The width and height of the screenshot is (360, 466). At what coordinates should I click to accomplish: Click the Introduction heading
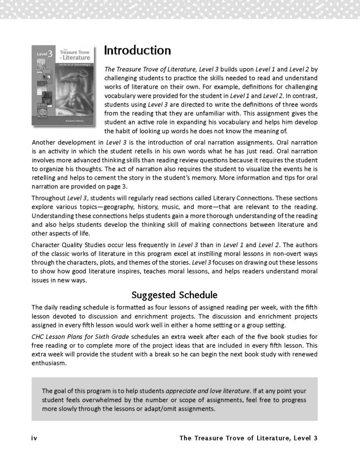pos(137,51)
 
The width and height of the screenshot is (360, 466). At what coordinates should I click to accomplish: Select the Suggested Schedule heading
pos(180,294)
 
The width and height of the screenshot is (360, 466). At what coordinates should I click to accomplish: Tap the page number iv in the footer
pos(35,438)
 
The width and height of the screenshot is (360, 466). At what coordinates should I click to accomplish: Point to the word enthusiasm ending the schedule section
pos(50,364)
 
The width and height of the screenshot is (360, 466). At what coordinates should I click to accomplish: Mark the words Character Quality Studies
pos(69,245)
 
